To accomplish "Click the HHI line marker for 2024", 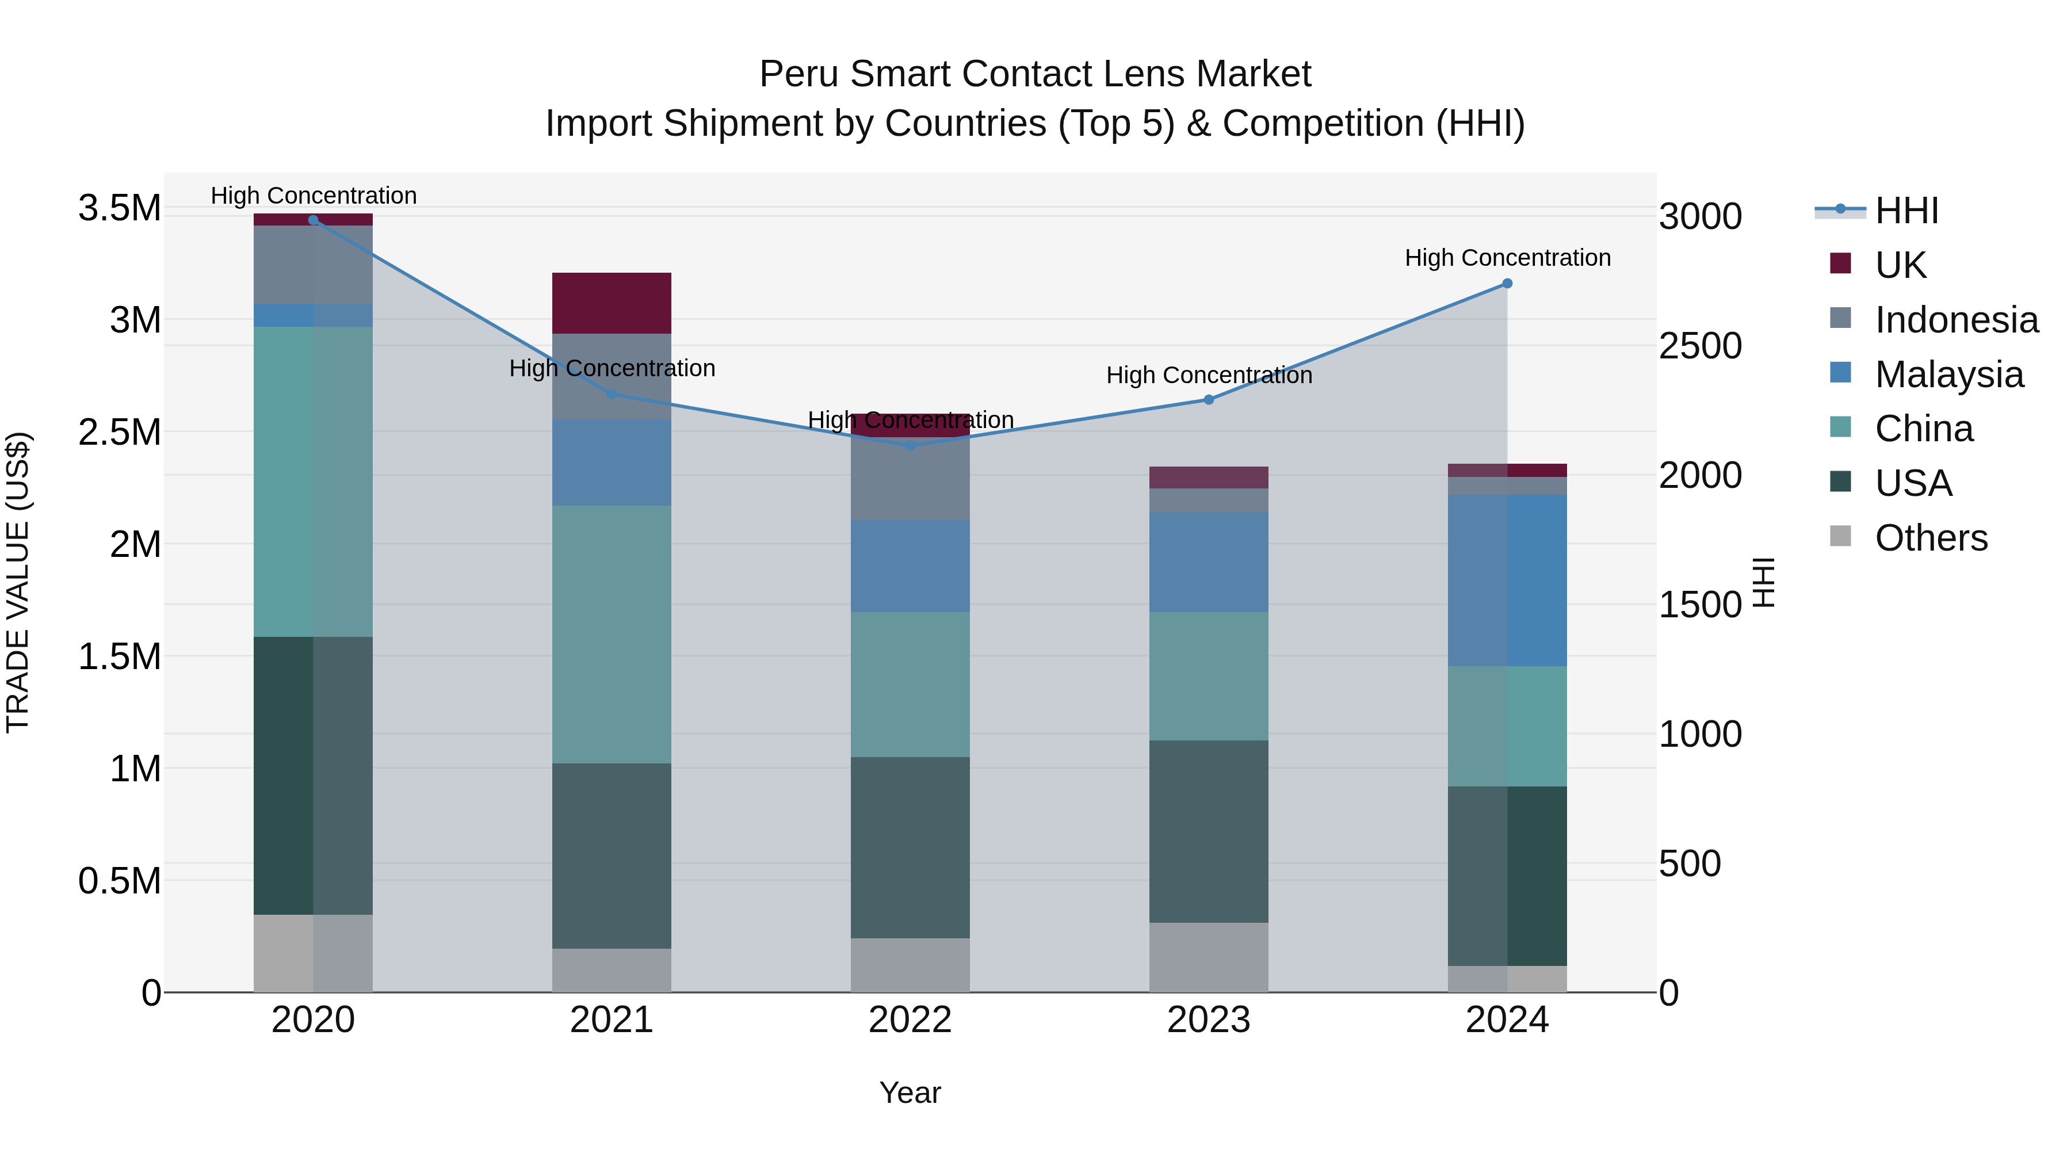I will [1507, 284].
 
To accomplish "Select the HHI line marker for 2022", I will [910, 445].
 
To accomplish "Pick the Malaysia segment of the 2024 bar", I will [1507, 580].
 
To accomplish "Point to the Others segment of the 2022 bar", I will [910, 964].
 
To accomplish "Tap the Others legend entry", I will [1929, 538].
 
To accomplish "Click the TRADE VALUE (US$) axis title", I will [18, 582].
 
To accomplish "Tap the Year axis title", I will [910, 1093].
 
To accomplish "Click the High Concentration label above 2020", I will [314, 196].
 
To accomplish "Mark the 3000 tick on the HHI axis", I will [1699, 216].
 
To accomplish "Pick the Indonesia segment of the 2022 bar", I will [910, 479].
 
